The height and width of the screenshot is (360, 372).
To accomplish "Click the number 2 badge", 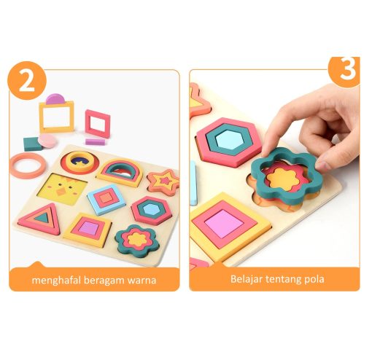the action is tap(27, 80).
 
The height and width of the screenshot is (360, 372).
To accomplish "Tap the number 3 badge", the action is tap(345, 71).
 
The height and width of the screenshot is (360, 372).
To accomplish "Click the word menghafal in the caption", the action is tap(56, 281).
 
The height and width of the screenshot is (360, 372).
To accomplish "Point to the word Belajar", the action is tap(246, 279).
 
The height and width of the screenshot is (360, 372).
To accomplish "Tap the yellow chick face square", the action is tap(62, 189).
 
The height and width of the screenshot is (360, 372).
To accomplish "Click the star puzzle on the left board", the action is tap(163, 182).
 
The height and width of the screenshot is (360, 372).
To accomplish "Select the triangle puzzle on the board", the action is tap(40, 219).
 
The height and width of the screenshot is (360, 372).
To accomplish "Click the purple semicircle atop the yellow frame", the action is tap(55, 99).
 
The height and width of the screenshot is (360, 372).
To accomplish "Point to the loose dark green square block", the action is tap(31, 144).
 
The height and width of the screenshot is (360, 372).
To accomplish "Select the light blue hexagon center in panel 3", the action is tap(230, 139).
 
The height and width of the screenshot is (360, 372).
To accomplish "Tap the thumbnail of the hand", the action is tap(324, 165).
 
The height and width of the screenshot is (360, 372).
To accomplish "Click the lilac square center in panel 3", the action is tap(224, 224).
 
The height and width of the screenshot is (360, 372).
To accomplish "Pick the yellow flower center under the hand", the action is tap(284, 179).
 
